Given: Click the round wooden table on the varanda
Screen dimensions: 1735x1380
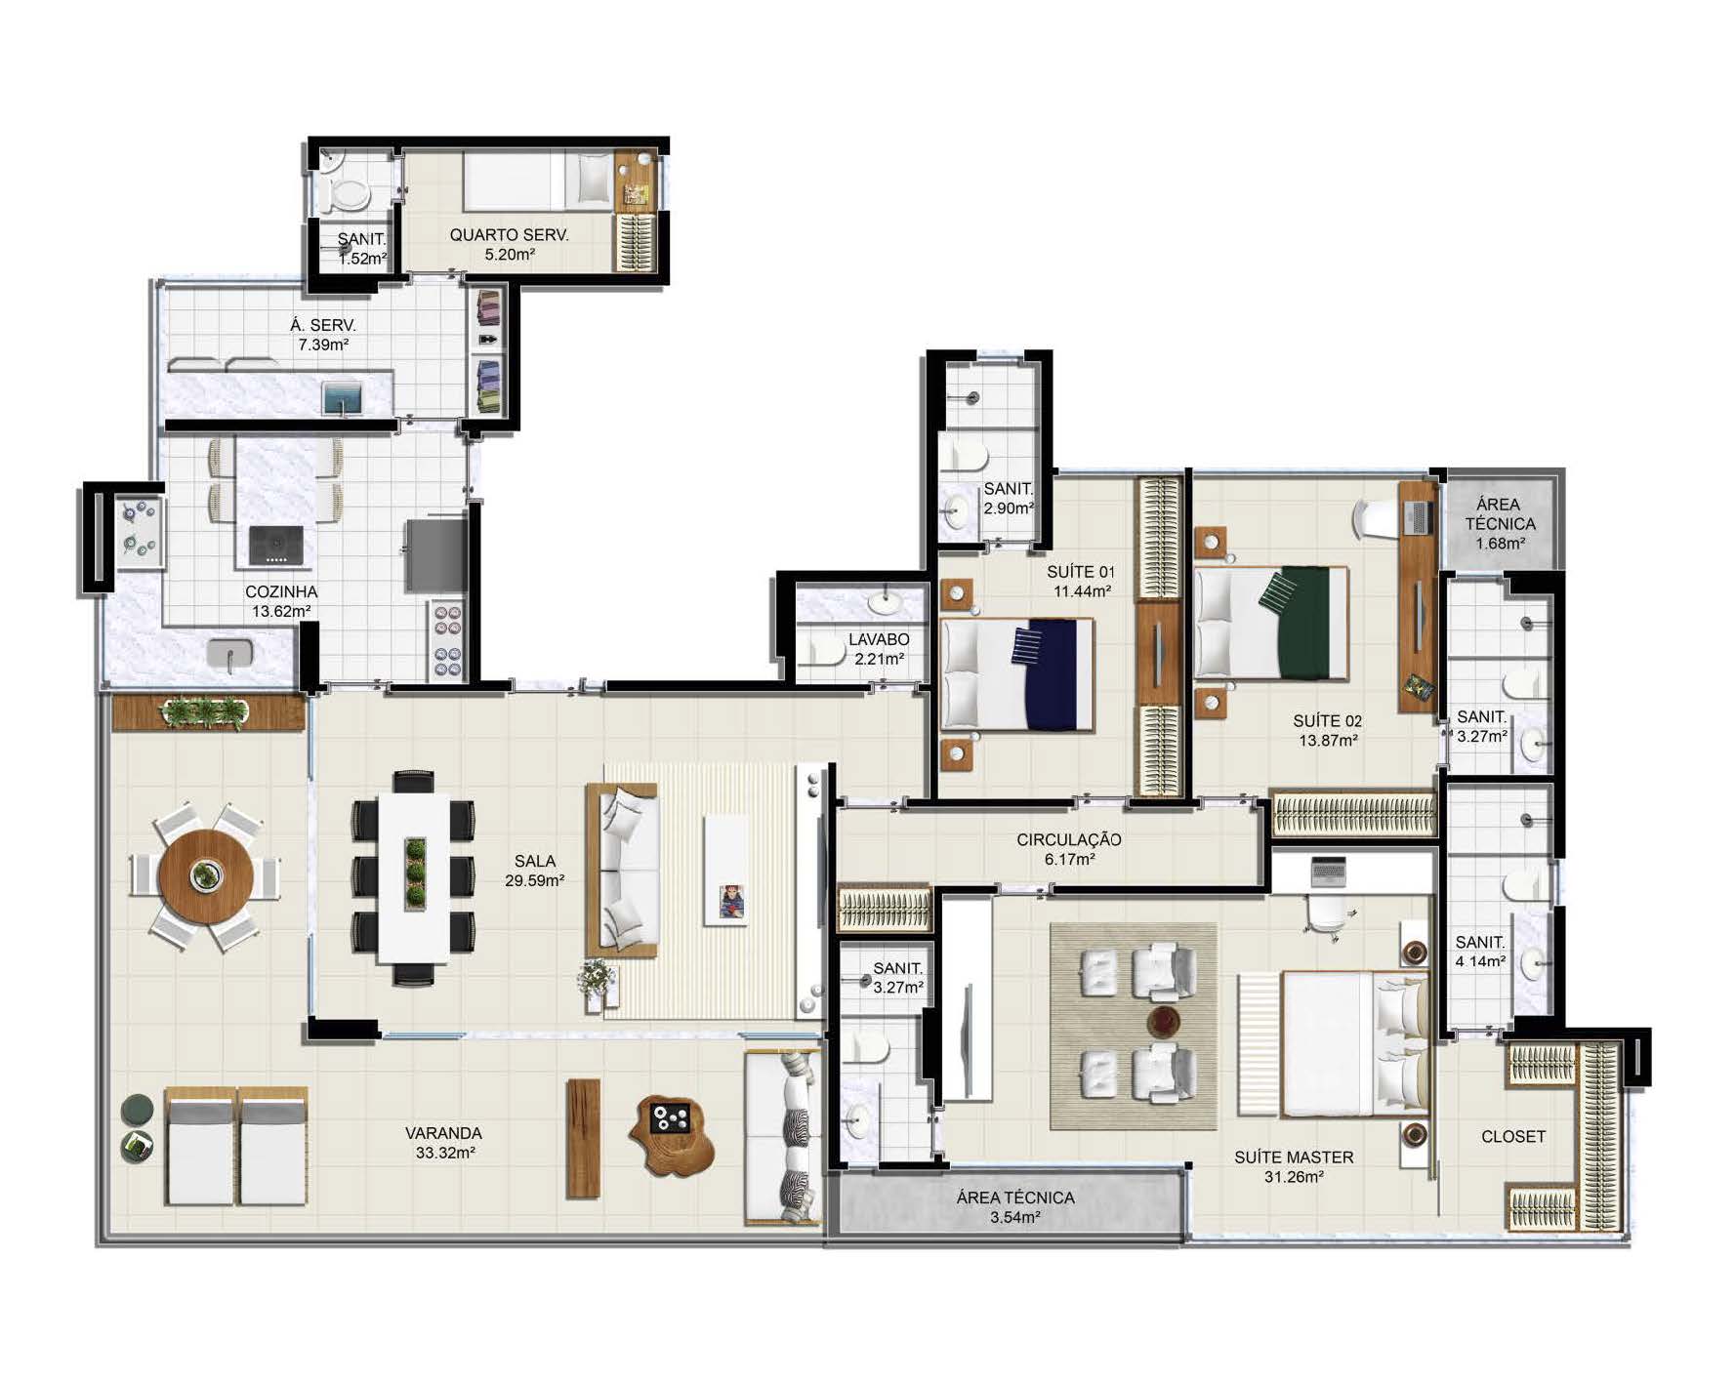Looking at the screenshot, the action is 206,875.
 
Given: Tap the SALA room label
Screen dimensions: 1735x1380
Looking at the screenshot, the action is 535,861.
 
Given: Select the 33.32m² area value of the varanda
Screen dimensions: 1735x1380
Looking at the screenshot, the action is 445,1153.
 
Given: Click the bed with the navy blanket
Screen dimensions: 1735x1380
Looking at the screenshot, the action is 1015,673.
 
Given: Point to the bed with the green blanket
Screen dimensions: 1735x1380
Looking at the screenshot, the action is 1270,622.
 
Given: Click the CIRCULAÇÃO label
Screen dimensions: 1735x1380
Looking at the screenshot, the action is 1069,839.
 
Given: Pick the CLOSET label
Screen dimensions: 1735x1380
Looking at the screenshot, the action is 1513,1136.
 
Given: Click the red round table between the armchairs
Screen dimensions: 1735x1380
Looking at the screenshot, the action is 1163,1022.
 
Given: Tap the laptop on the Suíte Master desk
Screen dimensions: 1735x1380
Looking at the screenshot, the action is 1329,870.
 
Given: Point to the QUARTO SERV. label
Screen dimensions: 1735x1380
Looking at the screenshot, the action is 509,234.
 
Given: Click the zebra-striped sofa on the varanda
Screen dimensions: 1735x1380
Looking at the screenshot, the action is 783,1136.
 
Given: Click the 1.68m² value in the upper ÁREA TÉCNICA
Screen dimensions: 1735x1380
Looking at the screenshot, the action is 1501,544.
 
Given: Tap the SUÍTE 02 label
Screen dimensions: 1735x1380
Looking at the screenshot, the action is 1328,721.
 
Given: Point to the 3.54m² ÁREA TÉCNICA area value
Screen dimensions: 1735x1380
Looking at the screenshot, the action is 1015,1217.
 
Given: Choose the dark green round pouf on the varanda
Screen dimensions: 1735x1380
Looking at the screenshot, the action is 138,1110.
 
